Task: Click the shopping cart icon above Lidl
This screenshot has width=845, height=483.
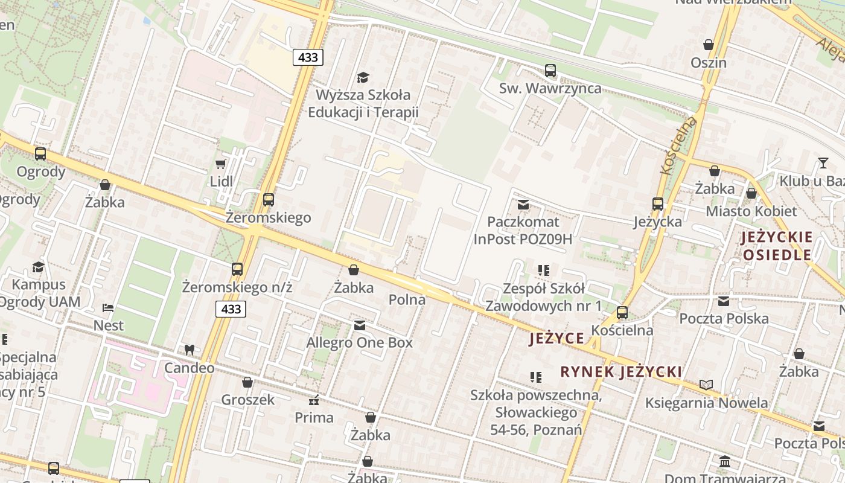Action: [x=220, y=164]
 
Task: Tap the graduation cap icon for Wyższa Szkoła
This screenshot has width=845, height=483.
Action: [x=363, y=77]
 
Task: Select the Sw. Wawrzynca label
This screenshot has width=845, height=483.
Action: [x=550, y=88]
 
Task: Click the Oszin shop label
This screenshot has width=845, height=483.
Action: [x=709, y=63]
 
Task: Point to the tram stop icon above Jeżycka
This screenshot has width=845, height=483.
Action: [x=657, y=204]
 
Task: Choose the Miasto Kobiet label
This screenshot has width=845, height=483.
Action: [x=751, y=211]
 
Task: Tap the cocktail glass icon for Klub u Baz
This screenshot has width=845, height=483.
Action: [x=823, y=162]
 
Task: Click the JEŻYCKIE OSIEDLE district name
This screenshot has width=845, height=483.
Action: [x=777, y=245]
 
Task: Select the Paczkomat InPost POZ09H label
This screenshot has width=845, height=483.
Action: [x=523, y=231]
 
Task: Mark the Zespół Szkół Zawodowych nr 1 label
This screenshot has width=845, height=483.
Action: [x=544, y=297]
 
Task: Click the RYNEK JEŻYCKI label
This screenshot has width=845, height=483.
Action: [x=621, y=371]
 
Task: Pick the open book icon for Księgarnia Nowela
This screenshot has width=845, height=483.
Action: [x=706, y=385]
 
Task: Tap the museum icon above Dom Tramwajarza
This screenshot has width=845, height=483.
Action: [x=725, y=462]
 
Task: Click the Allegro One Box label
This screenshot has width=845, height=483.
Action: [x=360, y=343]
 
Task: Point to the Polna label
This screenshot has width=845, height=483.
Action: [x=407, y=299]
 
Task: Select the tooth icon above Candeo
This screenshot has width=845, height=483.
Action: [x=189, y=350]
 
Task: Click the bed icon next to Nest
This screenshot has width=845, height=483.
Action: [x=108, y=308]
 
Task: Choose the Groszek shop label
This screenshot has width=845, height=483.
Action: [x=247, y=400]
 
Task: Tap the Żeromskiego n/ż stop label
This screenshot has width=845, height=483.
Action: [x=237, y=287]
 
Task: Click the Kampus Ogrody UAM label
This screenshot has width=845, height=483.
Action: [x=39, y=293]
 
